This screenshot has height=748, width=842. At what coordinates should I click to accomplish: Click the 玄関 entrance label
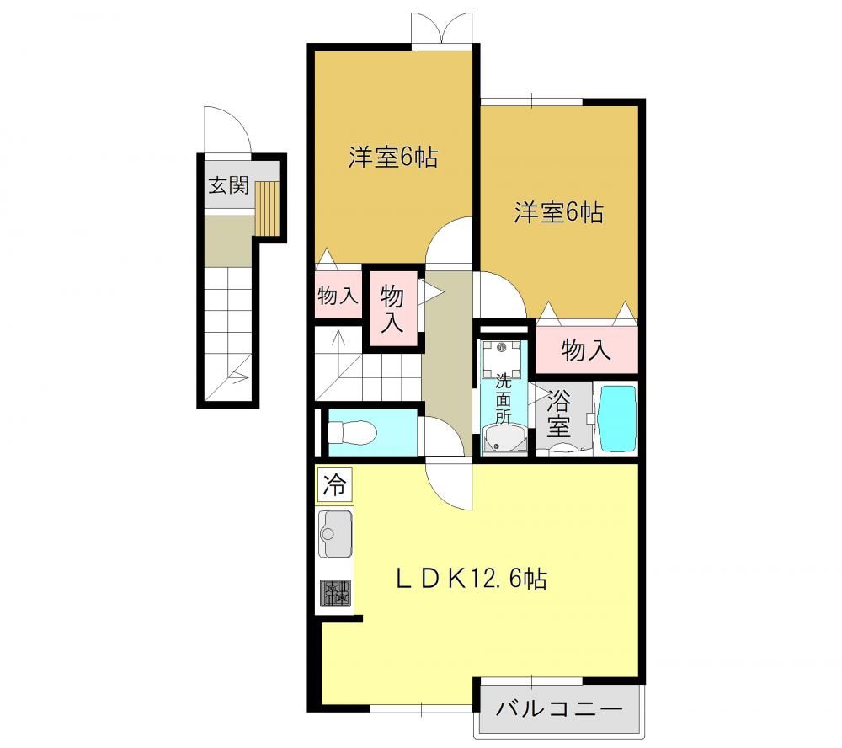(x=229, y=186)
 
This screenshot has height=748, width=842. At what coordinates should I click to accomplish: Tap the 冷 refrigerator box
(x=334, y=484)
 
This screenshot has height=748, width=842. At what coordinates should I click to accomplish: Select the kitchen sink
(x=336, y=533)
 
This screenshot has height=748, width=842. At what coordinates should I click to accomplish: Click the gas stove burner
(x=336, y=593)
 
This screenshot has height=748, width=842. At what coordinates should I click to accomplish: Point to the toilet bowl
(x=352, y=432)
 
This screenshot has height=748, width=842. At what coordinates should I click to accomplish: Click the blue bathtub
(x=617, y=418)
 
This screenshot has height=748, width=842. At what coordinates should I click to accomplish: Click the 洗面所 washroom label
(x=504, y=398)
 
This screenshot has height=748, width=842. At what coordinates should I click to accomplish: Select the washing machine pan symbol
(x=502, y=359)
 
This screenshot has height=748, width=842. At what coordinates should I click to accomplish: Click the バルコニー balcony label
(x=559, y=709)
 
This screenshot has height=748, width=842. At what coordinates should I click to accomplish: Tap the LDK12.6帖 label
(x=472, y=580)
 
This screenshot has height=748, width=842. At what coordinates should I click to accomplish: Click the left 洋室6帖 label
(x=393, y=158)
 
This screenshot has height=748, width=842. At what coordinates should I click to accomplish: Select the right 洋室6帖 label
(x=558, y=212)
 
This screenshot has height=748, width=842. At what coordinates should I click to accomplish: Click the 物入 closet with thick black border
(x=392, y=308)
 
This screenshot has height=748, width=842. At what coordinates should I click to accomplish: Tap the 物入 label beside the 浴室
(x=586, y=350)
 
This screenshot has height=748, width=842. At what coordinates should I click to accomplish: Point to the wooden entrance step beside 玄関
(x=267, y=209)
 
